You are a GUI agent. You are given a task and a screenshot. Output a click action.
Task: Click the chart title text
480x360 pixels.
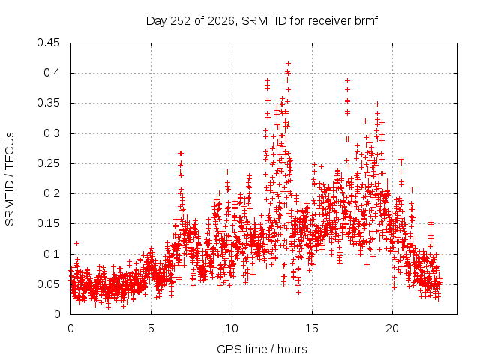(262, 21)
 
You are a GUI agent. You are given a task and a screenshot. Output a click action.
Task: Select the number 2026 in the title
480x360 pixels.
(221, 21)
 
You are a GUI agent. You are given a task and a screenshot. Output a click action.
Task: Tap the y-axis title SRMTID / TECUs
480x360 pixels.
(10, 179)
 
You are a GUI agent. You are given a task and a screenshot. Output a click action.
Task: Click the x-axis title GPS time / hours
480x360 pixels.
(262, 349)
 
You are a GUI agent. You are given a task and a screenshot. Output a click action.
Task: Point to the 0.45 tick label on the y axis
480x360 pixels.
(48, 43)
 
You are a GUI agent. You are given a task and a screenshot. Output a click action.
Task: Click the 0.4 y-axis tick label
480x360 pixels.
(52, 73)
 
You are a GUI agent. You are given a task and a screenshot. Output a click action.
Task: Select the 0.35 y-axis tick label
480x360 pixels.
(48, 103)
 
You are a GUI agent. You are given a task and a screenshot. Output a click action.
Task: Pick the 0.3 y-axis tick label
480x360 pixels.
(52, 133)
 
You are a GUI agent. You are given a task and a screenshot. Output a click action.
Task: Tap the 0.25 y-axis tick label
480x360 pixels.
(48, 163)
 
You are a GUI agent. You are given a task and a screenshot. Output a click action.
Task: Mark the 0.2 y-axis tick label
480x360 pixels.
(52, 193)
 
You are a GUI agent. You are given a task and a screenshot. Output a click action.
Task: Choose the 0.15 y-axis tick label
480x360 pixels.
(48, 223)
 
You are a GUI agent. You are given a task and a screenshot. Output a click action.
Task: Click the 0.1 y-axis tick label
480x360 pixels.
(52, 254)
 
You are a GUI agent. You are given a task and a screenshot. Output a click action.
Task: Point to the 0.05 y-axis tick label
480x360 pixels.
(48, 284)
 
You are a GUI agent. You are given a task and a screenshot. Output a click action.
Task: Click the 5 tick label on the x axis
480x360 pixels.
(151, 328)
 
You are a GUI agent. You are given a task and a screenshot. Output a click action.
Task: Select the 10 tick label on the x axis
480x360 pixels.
(232, 328)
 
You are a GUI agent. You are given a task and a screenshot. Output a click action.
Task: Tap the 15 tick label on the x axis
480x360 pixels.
(312, 328)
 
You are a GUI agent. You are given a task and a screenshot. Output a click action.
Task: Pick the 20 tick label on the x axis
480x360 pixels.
(392, 328)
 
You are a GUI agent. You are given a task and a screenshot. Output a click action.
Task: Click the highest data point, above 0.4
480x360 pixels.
(288, 63)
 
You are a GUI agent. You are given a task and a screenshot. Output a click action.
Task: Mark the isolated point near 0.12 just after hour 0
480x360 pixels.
(76, 243)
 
